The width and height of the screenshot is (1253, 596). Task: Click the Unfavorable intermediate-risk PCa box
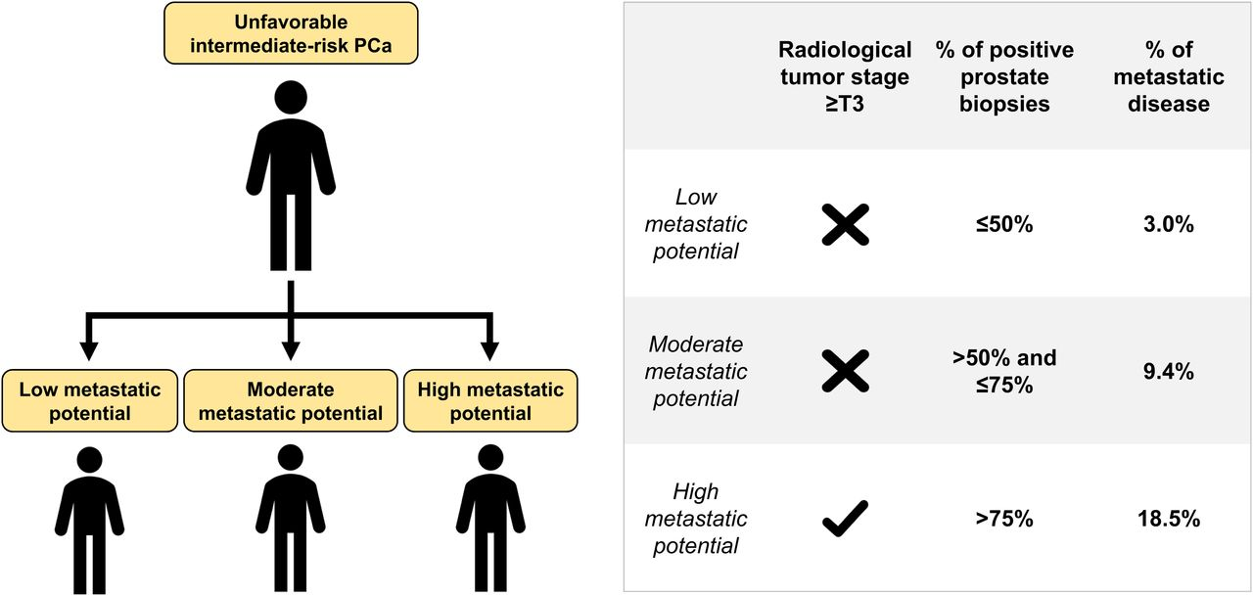click(291, 32)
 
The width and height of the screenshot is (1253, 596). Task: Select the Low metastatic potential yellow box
click(89, 401)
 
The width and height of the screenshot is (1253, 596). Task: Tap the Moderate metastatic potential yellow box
click(290, 401)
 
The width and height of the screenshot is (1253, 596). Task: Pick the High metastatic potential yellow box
click(490, 401)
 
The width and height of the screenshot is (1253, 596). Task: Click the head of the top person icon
click(291, 99)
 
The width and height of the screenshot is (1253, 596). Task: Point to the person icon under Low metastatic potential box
click(89, 519)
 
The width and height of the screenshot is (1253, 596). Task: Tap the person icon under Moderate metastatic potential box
click(290, 519)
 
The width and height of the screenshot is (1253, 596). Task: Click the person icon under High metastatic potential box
click(490, 519)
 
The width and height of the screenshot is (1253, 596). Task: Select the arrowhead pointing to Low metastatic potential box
click(89, 350)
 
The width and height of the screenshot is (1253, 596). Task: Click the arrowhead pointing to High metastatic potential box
click(490, 350)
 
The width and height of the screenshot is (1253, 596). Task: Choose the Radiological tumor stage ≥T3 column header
click(845, 76)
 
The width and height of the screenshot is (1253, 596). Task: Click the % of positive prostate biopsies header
click(1004, 76)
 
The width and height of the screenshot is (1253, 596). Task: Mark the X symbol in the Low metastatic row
click(845, 224)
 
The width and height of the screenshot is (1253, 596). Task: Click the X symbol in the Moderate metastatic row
click(845, 372)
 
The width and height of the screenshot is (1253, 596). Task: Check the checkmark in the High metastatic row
click(845, 519)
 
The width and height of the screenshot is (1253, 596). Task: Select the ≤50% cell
click(1004, 224)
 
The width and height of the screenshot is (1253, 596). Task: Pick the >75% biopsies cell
click(1004, 519)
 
